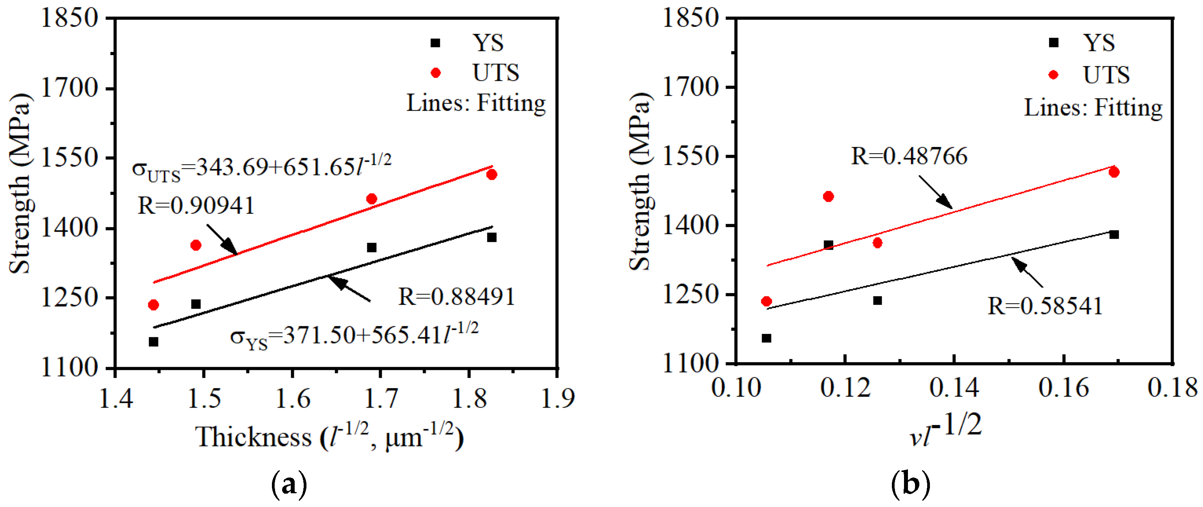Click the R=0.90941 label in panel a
(x=196, y=206)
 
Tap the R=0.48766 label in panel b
(x=909, y=156)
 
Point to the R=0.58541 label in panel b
(x=1045, y=306)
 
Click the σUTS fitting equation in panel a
(x=262, y=168)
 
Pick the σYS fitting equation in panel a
(x=354, y=335)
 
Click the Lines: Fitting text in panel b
(x=1093, y=108)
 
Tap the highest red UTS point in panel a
(x=491, y=175)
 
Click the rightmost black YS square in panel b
(x=1114, y=234)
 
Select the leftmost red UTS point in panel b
(x=766, y=301)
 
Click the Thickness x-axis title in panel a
(x=329, y=437)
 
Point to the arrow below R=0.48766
(x=936, y=192)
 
